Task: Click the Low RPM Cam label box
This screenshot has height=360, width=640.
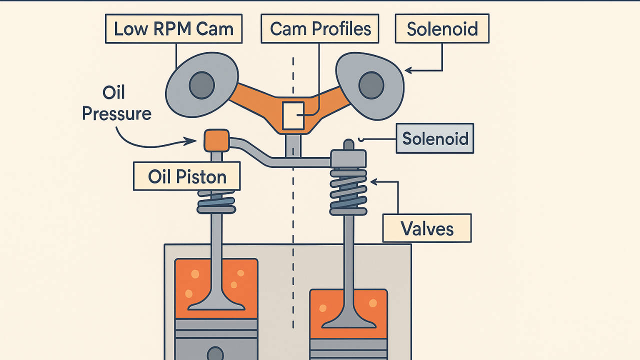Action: point(173,29)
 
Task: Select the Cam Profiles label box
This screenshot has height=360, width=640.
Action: point(320,29)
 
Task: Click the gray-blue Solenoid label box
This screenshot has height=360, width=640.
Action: point(434,138)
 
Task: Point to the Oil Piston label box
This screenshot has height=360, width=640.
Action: point(187,176)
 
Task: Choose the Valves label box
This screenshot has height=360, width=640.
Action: point(427,228)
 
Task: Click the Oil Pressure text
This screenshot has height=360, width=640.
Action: point(116,103)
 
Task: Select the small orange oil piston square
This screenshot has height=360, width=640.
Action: point(216,140)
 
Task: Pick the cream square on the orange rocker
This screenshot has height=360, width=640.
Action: point(293,115)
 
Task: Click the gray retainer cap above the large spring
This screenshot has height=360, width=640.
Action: point(348,159)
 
